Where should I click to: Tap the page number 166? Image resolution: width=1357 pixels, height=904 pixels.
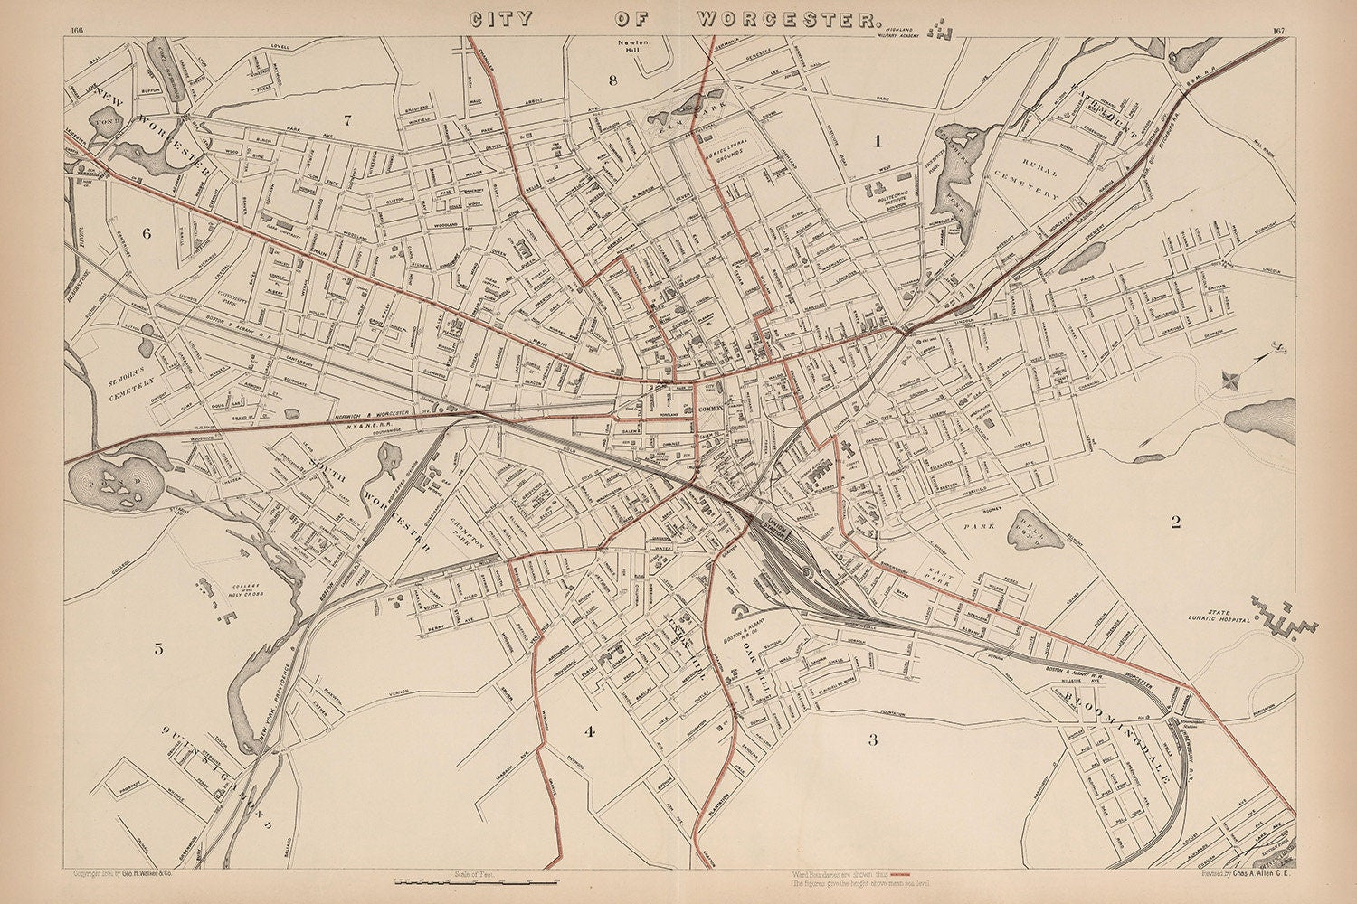tap(76, 32)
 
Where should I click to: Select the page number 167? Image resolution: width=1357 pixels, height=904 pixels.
tap(1277, 32)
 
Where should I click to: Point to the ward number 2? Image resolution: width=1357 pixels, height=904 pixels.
tap(1175, 522)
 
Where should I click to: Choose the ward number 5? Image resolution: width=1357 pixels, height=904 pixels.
tap(159, 648)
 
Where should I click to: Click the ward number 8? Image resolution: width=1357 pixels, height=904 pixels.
tap(612, 80)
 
